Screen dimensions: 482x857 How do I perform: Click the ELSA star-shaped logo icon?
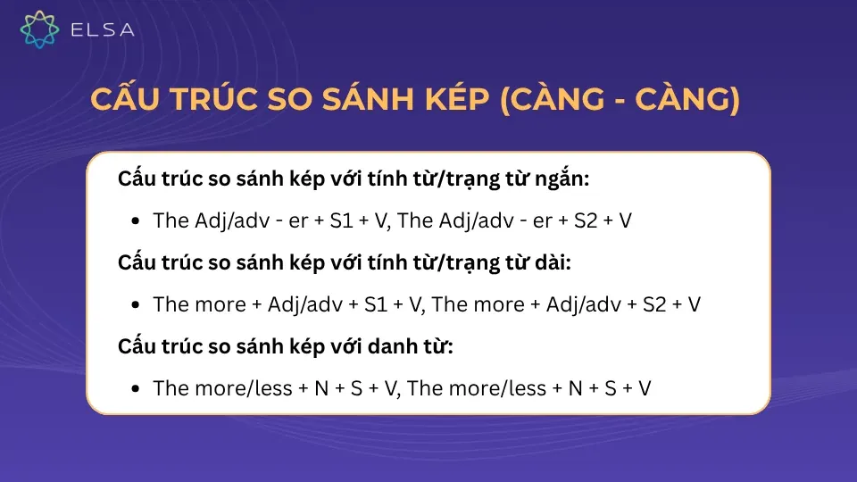[39, 29]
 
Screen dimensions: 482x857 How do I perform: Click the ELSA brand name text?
[102, 30]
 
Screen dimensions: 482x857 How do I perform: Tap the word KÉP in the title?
[452, 101]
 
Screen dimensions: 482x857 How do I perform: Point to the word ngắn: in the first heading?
[560, 179]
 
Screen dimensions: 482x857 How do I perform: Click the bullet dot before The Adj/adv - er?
[135, 221]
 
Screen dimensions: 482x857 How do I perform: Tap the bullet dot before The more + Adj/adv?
[135, 305]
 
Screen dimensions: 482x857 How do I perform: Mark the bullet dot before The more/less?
[135, 389]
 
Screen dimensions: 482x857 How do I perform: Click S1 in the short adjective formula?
[342, 220]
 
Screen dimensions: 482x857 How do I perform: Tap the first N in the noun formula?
[323, 388]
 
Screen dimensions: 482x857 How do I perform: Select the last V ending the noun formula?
[645, 388]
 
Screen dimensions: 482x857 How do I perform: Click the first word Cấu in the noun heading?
[138, 346]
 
